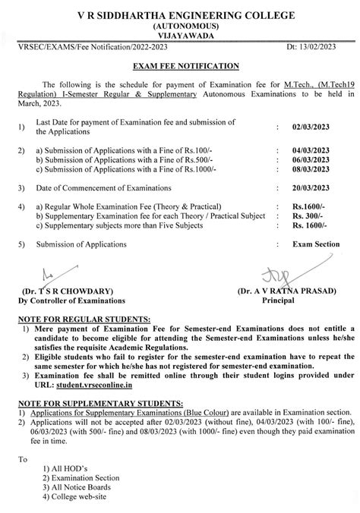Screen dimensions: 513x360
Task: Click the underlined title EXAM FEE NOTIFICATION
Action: tap(180, 67)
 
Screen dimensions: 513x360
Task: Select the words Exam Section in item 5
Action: tap(313, 245)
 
